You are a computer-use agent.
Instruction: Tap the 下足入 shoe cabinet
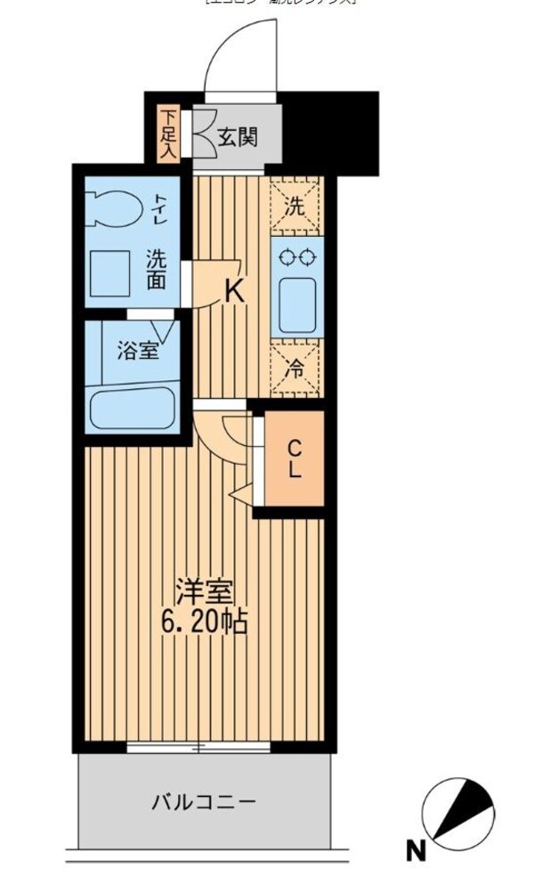[x=168, y=134]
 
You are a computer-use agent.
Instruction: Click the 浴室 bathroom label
[x=138, y=350]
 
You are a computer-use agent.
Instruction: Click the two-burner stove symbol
[x=296, y=257]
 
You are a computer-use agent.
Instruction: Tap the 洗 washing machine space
[x=295, y=203]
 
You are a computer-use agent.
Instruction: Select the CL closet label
[x=295, y=459]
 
